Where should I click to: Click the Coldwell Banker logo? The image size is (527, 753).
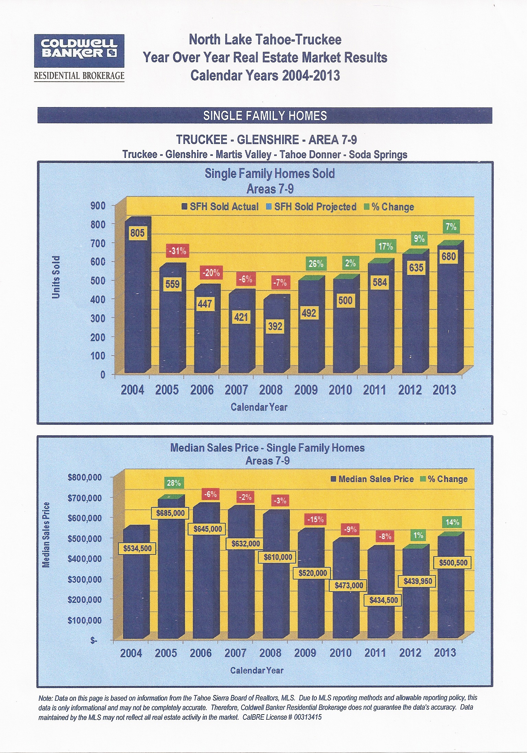79,50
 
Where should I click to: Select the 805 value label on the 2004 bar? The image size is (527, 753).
137,233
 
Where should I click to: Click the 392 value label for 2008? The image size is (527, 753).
275,326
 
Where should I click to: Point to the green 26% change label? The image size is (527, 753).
316,264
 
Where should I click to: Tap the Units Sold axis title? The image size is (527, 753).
56,277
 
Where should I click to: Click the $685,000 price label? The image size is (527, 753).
170,513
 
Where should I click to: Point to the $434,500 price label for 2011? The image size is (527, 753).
383,600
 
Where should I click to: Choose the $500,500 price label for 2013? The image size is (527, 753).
453,563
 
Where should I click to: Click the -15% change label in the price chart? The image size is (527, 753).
315,519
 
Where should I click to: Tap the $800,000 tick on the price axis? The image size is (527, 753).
84,477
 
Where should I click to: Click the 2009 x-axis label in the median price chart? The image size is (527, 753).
305,653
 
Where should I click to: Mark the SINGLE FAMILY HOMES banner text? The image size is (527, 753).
265,116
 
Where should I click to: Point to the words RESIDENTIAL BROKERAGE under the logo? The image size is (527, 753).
79,76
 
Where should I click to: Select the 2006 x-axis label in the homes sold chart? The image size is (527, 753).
202,390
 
